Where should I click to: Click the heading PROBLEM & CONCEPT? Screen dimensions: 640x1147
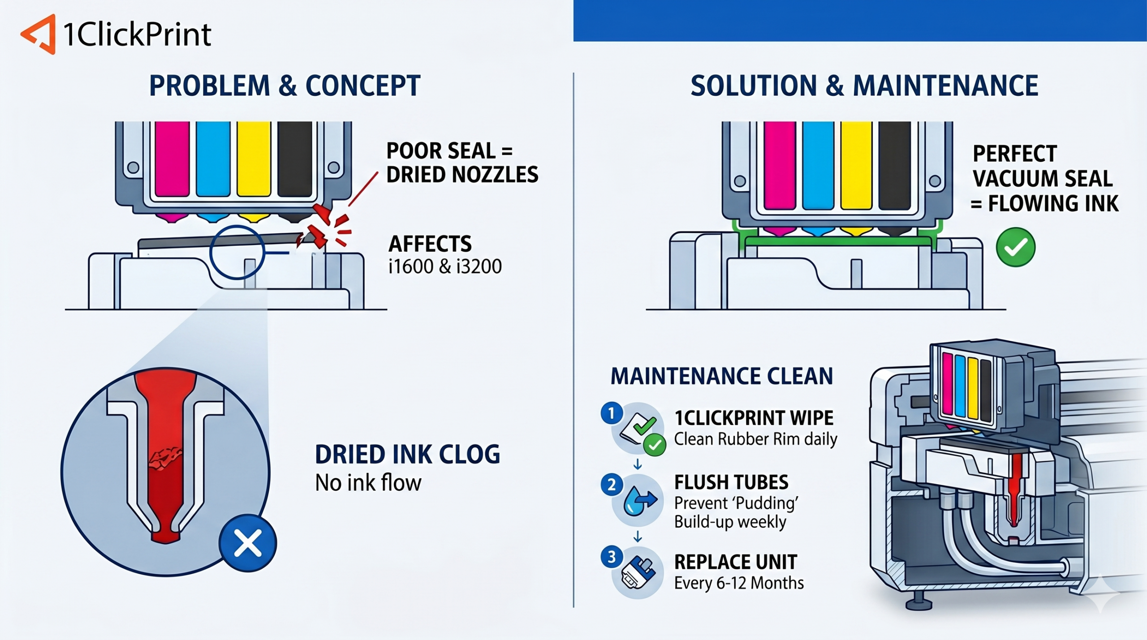click(x=285, y=86)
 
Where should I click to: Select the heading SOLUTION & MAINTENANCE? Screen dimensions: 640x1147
click(x=864, y=86)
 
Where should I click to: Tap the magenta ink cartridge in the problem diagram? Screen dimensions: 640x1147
click(x=172, y=159)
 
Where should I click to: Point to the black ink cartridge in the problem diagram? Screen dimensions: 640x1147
click(x=294, y=159)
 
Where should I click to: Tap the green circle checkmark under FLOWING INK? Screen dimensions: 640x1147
click(x=1015, y=247)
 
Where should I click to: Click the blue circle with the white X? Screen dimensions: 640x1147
click(x=248, y=543)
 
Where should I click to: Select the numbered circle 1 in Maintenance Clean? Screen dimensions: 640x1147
click(x=611, y=413)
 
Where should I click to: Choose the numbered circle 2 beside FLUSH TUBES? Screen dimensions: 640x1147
click(x=611, y=485)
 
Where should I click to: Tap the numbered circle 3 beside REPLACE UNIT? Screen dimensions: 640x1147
click(x=611, y=557)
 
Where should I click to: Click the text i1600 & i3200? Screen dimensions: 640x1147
click(x=445, y=266)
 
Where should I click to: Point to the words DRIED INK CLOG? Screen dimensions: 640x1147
click(x=407, y=455)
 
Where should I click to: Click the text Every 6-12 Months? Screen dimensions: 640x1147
click(x=739, y=583)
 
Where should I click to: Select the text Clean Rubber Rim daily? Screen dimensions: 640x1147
click(x=755, y=439)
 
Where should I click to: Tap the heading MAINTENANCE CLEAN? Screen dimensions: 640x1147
click(x=722, y=376)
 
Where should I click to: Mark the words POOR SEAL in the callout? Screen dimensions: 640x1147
click(x=441, y=151)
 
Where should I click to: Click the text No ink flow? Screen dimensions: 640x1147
click(x=368, y=483)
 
